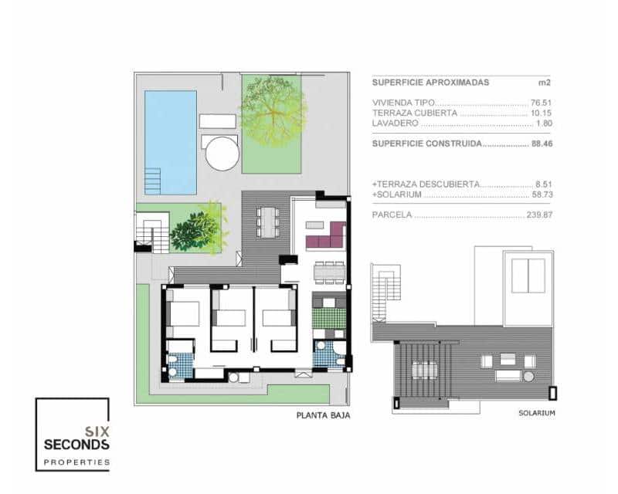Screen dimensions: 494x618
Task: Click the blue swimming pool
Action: tap(171, 142)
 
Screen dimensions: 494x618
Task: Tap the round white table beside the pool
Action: tap(222, 153)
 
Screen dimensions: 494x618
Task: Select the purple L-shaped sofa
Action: tap(328, 236)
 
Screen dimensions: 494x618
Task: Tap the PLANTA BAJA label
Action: tap(323, 416)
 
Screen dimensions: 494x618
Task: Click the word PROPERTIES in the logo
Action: tap(76, 462)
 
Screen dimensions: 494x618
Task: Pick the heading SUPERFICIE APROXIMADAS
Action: tap(430, 82)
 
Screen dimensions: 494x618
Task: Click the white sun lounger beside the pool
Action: tap(218, 121)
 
